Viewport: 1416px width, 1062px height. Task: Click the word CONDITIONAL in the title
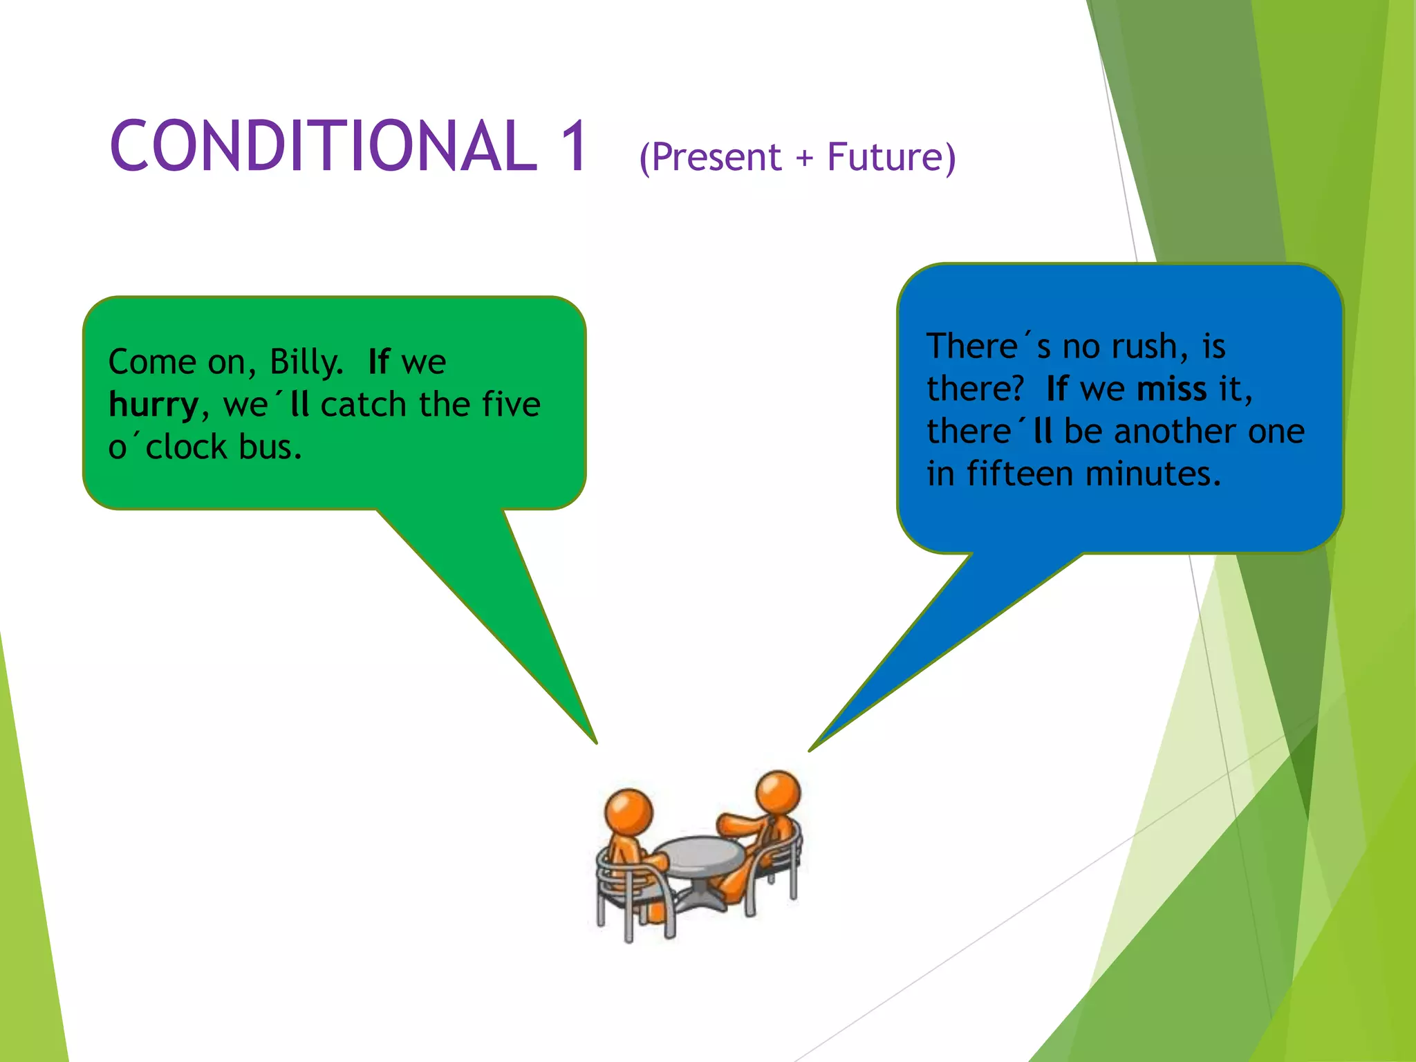point(323,147)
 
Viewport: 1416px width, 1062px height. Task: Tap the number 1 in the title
point(573,147)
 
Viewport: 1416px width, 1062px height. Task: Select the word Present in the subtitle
point(716,157)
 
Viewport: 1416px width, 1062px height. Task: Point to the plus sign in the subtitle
point(804,159)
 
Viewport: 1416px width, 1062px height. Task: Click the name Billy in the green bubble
point(304,362)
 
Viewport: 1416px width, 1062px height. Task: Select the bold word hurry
point(153,405)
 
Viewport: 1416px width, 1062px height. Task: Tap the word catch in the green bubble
point(364,404)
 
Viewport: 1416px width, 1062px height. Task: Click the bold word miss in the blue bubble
point(1171,389)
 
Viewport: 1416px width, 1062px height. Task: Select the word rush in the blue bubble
point(1144,346)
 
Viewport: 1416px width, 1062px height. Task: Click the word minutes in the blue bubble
point(1153,474)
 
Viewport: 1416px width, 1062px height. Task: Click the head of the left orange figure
point(628,812)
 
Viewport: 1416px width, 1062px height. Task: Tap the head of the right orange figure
point(778,792)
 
